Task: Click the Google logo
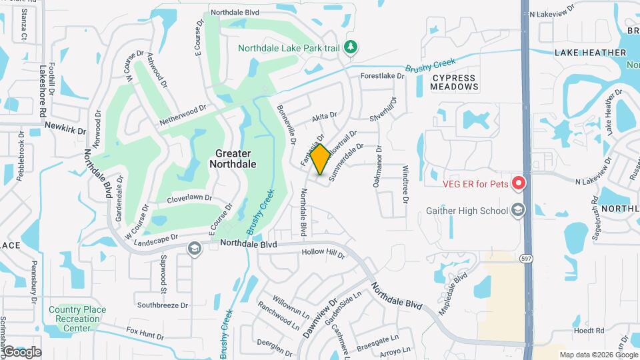point(21,351)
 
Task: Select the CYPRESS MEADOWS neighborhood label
point(455,82)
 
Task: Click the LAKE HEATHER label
point(590,53)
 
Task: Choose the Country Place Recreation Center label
point(79,319)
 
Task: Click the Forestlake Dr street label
point(383,76)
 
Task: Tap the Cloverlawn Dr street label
point(189,198)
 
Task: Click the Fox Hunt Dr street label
point(145,332)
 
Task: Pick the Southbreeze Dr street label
point(163,305)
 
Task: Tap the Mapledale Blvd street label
point(453,293)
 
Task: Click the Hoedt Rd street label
point(588,330)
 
